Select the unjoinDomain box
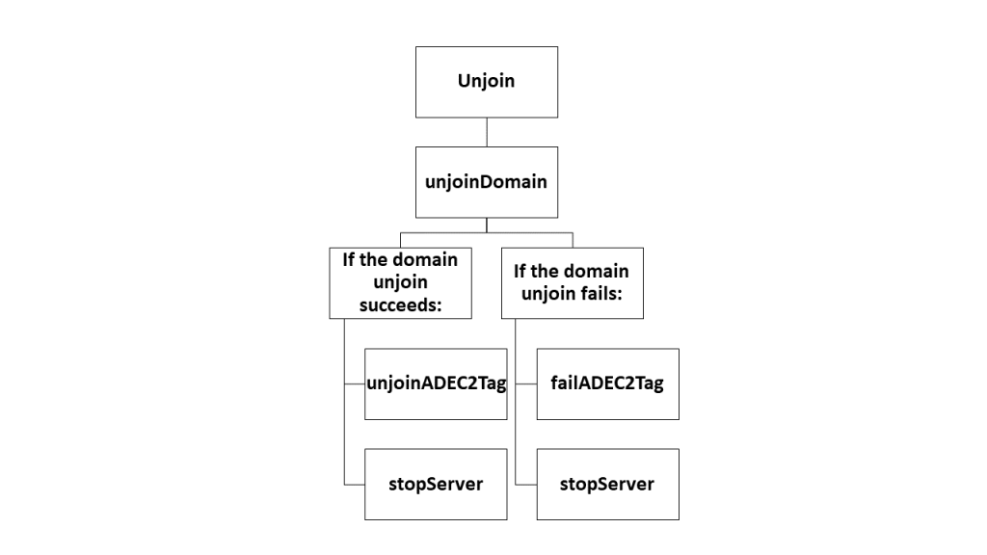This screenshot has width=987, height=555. (x=486, y=181)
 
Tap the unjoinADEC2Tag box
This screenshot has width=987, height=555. (x=436, y=383)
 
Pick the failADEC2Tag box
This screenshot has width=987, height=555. (x=607, y=383)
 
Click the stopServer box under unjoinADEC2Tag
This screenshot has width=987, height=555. (x=436, y=484)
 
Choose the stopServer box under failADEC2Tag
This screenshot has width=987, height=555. (x=607, y=484)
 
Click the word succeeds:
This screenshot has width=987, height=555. (x=400, y=304)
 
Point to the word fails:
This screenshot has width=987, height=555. (x=615, y=294)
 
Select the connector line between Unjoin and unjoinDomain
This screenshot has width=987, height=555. (x=487, y=132)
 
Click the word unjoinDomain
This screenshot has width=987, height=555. (x=486, y=181)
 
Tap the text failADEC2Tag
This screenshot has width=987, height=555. (x=607, y=383)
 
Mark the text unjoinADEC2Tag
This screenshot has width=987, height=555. (x=437, y=383)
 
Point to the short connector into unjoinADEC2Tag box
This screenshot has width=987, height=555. (x=354, y=383)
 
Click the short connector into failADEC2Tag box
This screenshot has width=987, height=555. (x=525, y=383)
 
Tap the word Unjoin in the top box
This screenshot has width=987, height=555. (x=486, y=80)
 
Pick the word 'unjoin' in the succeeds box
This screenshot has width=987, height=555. (x=400, y=282)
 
